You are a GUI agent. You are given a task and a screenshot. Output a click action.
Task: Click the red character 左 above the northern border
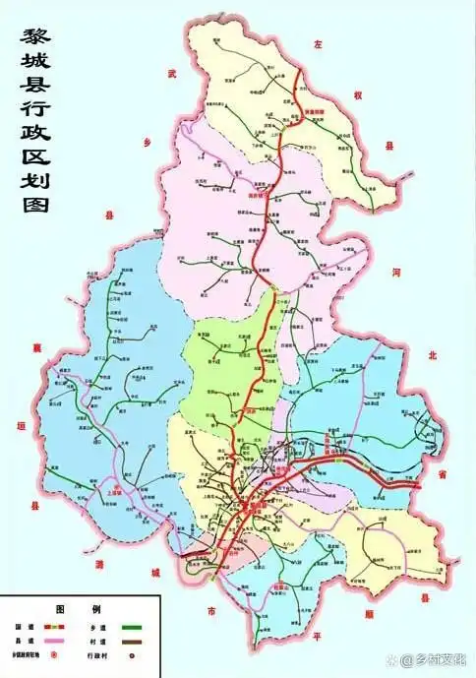[318, 45]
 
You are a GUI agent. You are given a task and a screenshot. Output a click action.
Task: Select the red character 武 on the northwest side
[171, 74]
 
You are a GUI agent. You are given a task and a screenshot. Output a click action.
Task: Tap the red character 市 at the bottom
[210, 611]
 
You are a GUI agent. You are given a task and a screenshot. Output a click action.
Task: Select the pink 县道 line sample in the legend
[53, 639]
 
